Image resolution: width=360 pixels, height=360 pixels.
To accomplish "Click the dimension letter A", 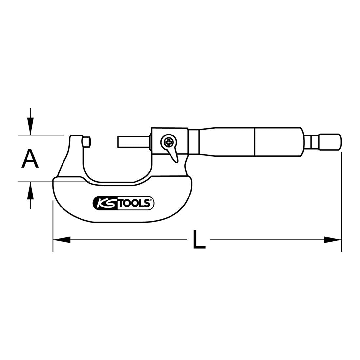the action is [30, 158].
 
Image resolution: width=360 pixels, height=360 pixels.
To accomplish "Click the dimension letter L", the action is [199, 240].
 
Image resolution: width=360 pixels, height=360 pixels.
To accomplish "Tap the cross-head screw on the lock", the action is [169, 142].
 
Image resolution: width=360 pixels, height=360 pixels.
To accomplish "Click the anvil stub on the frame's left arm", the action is [86, 142].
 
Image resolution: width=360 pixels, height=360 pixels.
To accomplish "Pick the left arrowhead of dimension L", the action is [62, 240].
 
